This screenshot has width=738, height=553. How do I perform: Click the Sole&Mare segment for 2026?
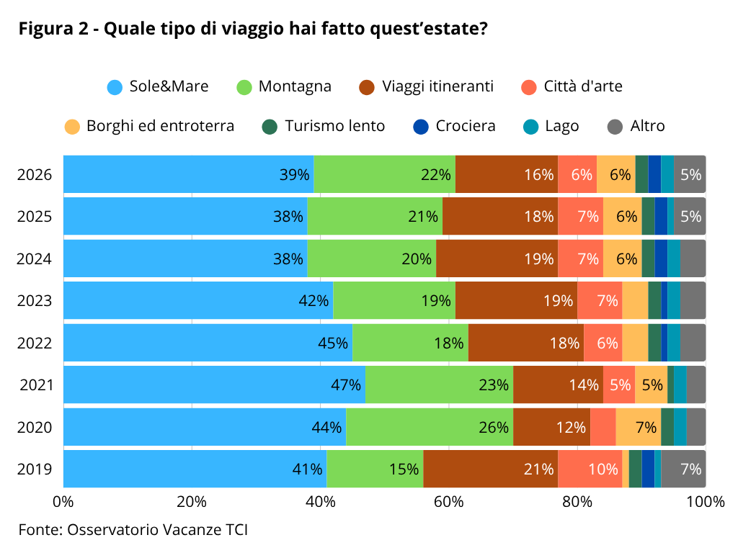pos(189,174)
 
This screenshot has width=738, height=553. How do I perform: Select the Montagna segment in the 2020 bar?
pos(430,427)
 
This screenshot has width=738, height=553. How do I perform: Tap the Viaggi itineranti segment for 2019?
pos(491,469)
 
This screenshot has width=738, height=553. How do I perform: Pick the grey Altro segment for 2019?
pos(683,469)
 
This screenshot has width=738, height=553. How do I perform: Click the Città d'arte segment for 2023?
pos(600,300)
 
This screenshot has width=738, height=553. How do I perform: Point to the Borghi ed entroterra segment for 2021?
pos(652,385)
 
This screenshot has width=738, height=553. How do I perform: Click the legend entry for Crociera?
pos(454,126)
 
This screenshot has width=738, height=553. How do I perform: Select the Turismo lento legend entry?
pos(324,126)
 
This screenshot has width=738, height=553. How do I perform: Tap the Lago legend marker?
pos(531,127)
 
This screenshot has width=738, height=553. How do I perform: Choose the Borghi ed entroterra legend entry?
pos(149,126)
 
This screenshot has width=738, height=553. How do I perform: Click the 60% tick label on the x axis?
pos(448,502)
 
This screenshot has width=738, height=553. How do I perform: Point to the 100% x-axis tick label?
pos(706,502)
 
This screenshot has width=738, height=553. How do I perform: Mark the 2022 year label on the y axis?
pos(35,343)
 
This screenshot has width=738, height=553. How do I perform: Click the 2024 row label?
pos(35,258)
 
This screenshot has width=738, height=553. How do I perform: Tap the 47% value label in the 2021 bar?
pos(346,385)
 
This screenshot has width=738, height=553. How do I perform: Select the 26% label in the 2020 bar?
pos(494,427)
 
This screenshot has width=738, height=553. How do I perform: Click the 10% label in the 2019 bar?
pos(603,469)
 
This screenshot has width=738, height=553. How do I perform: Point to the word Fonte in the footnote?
pos(40,529)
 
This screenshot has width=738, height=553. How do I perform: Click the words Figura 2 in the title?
pos(53,29)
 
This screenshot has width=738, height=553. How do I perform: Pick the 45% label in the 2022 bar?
pos(333,343)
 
